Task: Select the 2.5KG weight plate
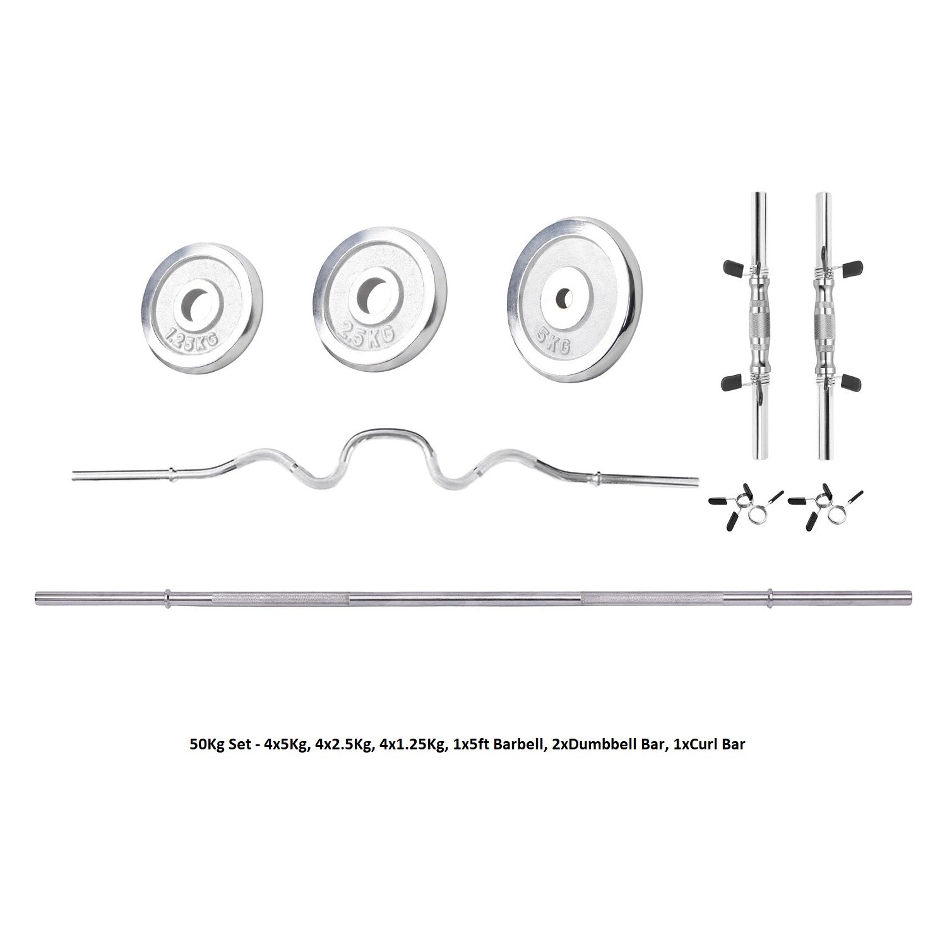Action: coord(383,295)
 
